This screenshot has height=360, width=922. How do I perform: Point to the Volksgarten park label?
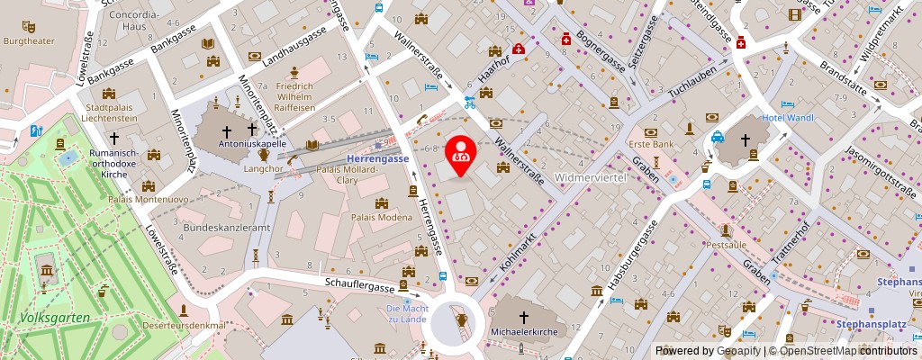click(55, 317)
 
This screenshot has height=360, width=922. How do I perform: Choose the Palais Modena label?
click(382, 217)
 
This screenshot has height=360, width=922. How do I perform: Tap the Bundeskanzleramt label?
click(227, 228)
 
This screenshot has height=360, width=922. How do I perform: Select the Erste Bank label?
click(652, 144)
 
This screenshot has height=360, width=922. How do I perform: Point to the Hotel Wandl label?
click(789, 118)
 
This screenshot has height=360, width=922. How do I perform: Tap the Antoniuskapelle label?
click(253, 143)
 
